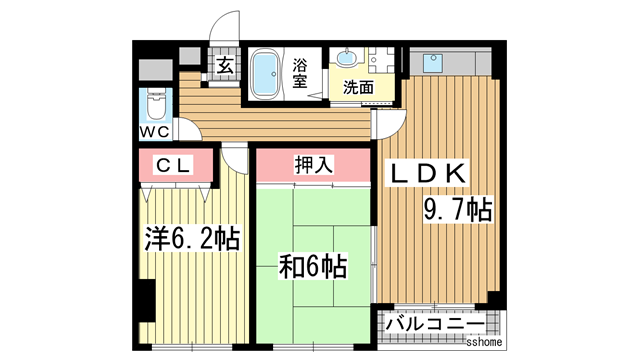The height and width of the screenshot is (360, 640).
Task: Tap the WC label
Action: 154,131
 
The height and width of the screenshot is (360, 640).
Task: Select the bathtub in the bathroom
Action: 264,76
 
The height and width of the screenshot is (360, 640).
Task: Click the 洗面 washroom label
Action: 358,87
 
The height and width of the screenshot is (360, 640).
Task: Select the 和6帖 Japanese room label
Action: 313,267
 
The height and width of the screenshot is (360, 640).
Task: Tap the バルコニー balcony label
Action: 435,325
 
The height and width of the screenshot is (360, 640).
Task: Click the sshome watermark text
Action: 483,342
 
